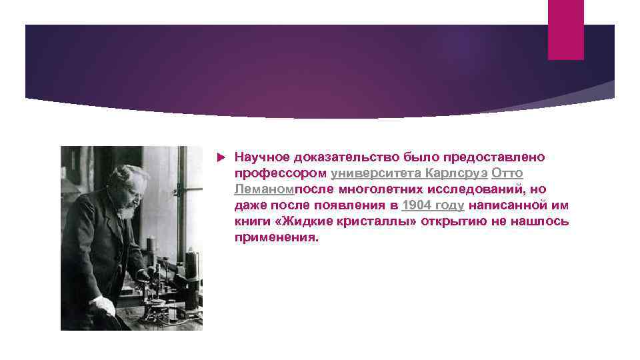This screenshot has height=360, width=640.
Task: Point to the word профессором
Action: pyautogui.click(x=280, y=173)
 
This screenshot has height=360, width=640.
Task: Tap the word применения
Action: pyautogui.click(x=277, y=237)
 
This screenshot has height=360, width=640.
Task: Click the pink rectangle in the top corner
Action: pyautogui.click(x=565, y=29)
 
